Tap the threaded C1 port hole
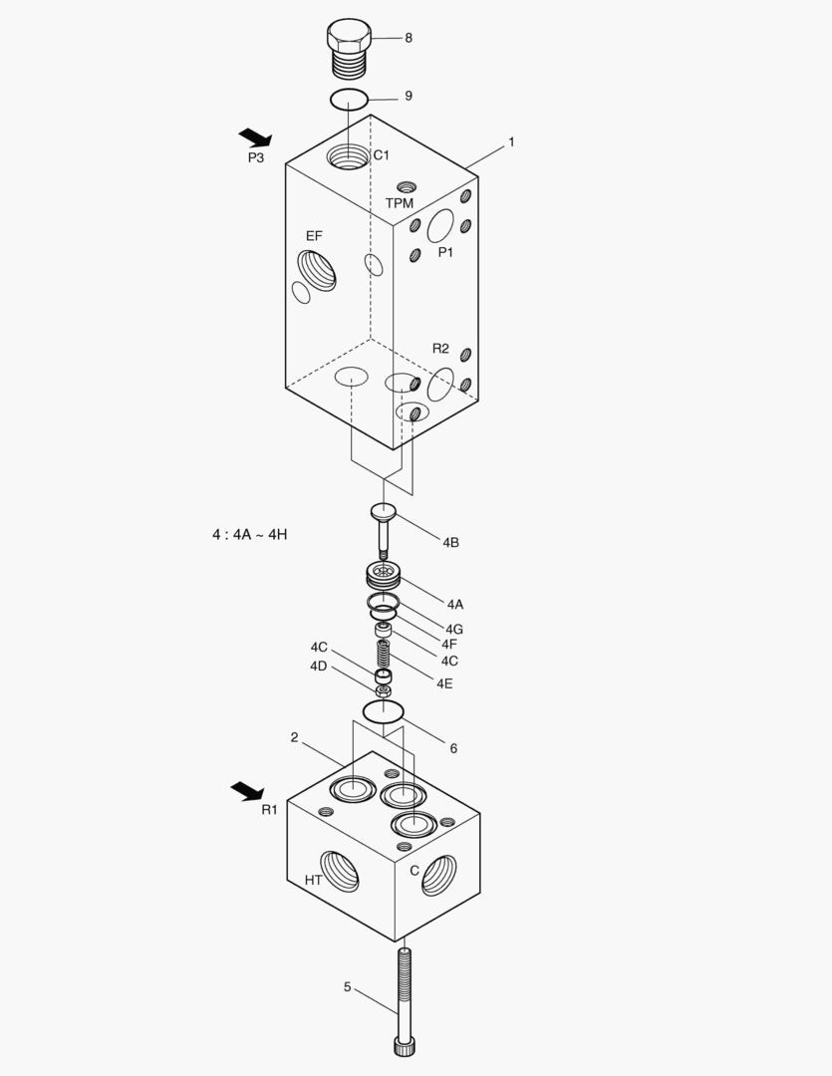click(x=348, y=156)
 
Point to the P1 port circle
click(x=440, y=226)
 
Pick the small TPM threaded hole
click(x=405, y=187)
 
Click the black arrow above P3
click(x=255, y=136)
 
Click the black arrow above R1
click(x=247, y=791)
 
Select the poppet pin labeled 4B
click(x=384, y=528)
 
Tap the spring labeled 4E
click(x=383, y=657)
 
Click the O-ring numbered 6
click(x=383, y=711)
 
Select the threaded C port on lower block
click(x=438, y=875)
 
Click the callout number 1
click(x=511, y=142)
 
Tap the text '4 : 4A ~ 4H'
click(x=249, y=534)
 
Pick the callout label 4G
click(x=454, y=629)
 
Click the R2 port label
click(x=440, y=349)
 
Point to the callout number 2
click(x=295, y=737)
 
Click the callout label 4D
click(x=319, y=666)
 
